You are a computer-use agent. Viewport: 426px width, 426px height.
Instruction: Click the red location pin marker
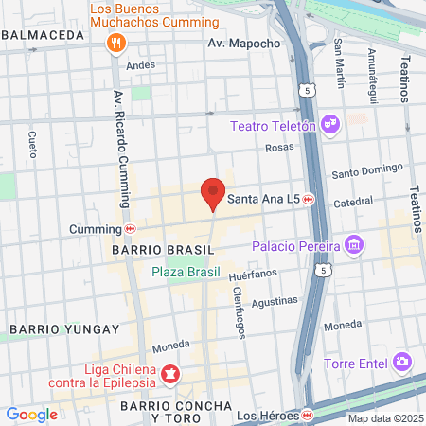pos(213,193)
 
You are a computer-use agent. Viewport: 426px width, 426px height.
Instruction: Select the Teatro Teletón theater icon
pos(330,123)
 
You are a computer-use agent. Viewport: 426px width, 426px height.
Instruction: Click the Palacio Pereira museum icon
pos(354,246)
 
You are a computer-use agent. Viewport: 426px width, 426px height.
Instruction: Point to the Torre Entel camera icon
pos(403,362)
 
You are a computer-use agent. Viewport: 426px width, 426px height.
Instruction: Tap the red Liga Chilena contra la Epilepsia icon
pos(170,375)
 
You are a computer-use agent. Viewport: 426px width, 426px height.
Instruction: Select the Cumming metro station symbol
pos(130,228)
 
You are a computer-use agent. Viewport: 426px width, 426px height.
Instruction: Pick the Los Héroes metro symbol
pos(309,415)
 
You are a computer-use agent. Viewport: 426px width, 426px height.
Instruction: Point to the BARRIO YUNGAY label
pos(64,328)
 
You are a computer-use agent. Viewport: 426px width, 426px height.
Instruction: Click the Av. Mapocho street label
pos(244,43)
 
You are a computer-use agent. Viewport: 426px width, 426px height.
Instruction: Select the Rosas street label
pos(279,148)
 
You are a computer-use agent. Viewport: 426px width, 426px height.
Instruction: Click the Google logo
pos(31,414)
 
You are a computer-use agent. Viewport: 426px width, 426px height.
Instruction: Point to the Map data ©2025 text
pos(383,418)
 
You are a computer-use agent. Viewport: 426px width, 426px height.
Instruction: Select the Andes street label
pos(140,64)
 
